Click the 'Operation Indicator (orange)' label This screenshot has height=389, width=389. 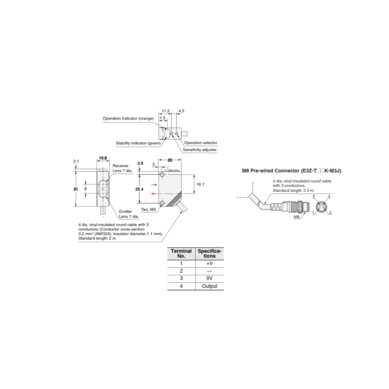pos(128,119)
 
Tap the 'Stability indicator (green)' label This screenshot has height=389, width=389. pos(138,143)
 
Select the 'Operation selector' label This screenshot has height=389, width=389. pos(201,143)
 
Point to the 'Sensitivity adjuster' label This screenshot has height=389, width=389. pos(200,150)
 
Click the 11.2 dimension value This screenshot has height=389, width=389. pos(166,111)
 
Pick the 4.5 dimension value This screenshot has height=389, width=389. pos(181,111)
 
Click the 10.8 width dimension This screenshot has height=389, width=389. pos(103,158)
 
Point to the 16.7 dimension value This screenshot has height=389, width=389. pos(201,184)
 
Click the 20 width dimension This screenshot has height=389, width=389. pos(170,160)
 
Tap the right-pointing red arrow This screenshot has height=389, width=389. pos(154,185)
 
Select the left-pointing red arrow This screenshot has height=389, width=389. pos(154,193)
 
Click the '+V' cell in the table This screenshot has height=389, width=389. pos(209,263)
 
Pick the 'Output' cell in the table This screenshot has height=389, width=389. pos(209,286)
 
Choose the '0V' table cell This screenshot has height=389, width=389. pos(209,278)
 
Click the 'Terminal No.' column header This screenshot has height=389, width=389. pos(181,253)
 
